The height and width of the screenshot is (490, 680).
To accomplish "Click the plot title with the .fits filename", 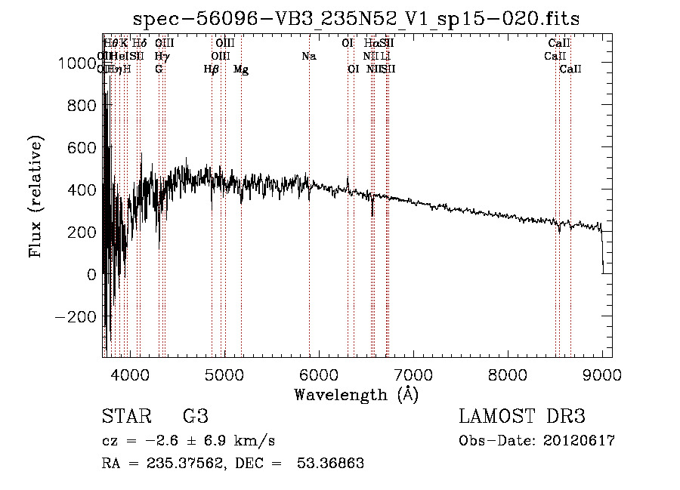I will [x=356, y=19].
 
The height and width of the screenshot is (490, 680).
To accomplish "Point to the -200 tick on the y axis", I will [x=76, y=317].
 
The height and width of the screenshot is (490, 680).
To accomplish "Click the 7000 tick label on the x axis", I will [x=413, y=374].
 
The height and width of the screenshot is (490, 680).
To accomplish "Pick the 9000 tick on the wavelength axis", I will [x=602, y=374].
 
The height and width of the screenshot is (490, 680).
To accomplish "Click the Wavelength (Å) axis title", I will [x=356, y=394].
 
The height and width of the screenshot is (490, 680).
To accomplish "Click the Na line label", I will [x=308, y=57].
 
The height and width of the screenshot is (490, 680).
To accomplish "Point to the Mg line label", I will [x=241, y=69].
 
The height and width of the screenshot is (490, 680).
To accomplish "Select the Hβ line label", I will [x=212, y=69].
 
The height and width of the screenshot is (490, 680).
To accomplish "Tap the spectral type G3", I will [x=196, y=417].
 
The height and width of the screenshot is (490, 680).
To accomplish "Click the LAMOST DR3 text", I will [x=522, y=417].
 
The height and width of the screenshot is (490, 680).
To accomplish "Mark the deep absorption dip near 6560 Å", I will [x=372, y=208].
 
